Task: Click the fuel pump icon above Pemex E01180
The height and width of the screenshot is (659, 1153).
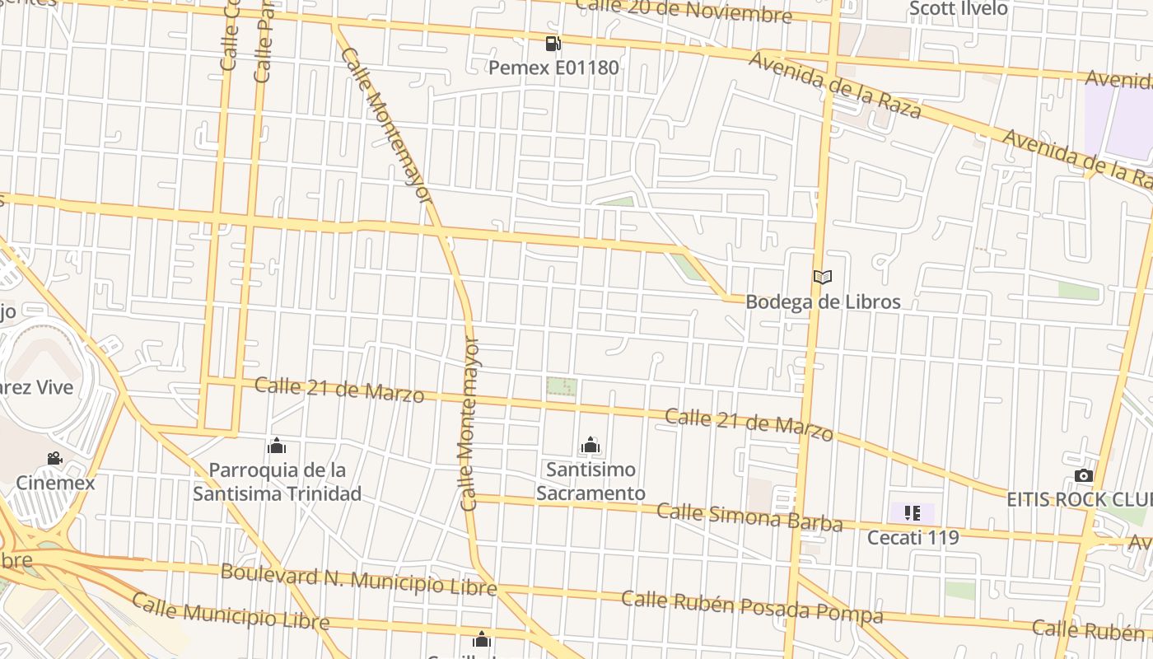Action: pos(553,44)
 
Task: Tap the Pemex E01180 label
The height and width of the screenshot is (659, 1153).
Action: pos(553,68)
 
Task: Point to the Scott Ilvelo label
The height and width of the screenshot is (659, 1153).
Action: pos(958,9)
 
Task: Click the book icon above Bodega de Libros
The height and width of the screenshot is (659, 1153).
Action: pos(823,278)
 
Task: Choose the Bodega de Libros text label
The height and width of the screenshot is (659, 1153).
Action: pos(823,301)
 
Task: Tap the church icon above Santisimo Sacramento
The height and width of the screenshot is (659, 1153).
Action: pos(591,446)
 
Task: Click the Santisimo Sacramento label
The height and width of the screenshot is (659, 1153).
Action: pos(591,481)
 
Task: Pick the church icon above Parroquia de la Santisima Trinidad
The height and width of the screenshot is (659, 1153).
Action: pos(277,446)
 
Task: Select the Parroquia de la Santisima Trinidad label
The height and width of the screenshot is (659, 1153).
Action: pos(277,482)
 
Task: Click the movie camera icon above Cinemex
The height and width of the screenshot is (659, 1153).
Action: pos(54,459)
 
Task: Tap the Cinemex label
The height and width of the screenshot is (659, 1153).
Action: pos(55,483)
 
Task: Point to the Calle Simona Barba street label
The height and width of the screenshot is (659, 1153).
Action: pos(749,517)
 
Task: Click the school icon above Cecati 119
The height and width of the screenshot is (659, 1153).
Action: pos(912,514)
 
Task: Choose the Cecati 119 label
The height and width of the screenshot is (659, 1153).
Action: pos(913,538)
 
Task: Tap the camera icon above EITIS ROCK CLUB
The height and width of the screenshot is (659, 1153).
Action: pos(1083,476)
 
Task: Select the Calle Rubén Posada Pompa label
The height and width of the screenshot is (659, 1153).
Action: pos(752,607)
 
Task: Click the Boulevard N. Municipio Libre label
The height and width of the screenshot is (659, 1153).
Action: pos(358,579)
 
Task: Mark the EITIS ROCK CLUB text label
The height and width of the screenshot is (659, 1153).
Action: pos(1079,500)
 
